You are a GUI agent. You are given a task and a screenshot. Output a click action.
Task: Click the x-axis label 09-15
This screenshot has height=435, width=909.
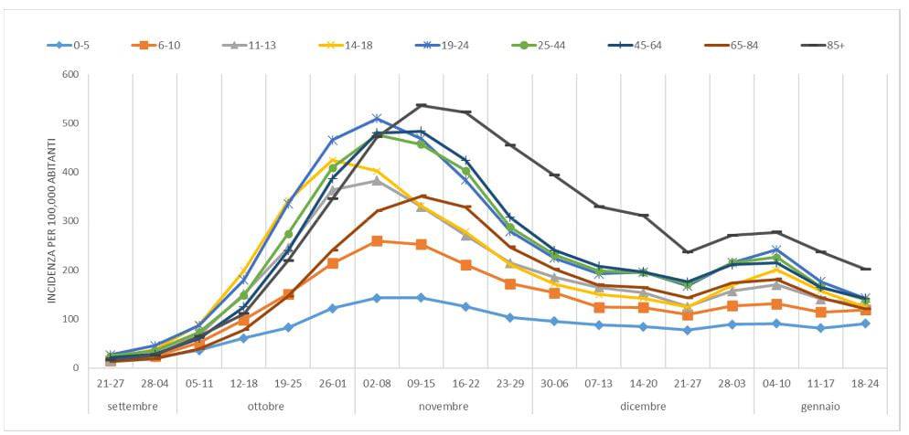[422, 385]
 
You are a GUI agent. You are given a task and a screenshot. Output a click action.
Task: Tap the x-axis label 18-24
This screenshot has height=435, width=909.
[865, 385]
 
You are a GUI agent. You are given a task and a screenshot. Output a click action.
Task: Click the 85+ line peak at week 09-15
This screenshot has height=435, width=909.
[422, 105]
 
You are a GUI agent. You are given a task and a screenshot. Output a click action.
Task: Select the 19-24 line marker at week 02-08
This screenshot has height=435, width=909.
[377, 118]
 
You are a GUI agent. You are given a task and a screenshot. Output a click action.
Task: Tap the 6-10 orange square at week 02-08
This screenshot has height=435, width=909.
[377, 241]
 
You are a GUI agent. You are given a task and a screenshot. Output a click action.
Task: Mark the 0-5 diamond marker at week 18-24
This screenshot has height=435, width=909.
[865, 324]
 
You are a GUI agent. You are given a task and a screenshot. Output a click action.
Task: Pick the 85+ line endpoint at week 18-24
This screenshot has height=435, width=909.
[865, 269]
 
